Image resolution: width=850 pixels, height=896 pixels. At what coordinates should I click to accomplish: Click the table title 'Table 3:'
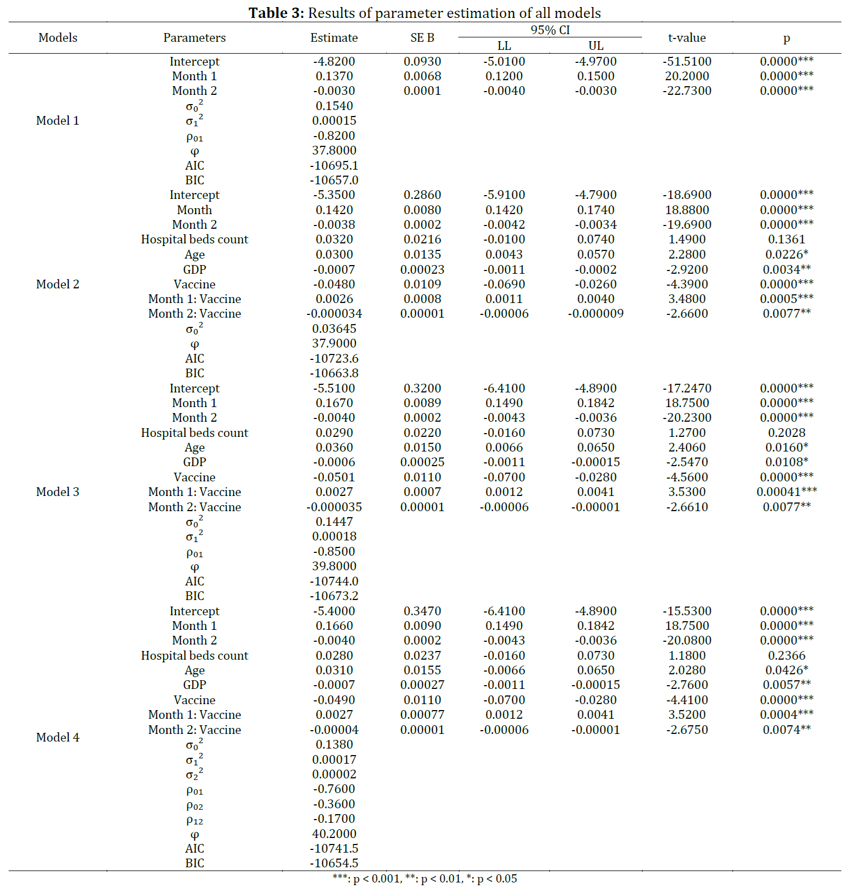click(x=276, y=12)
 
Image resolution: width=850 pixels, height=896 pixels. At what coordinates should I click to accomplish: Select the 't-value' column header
click(x=686, y=37)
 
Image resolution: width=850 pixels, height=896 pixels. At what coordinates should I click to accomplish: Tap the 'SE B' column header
click(x=422, y=37)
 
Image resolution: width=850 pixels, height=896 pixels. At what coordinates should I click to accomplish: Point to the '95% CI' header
click(x=550, y=30)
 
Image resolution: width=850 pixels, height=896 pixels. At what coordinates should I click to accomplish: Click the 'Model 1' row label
click(x=57, y=120)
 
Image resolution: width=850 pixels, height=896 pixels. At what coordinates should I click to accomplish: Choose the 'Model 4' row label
click(x=57, y=737)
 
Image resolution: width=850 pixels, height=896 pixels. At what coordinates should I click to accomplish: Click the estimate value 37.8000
click(x=334, y=150)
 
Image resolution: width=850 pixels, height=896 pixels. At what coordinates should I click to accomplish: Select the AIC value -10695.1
click(x=334, y=165)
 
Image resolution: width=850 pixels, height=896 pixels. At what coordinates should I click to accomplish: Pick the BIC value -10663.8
click(x=334, y=373)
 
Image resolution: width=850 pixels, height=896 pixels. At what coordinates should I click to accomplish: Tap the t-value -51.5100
click(x=686, y=61)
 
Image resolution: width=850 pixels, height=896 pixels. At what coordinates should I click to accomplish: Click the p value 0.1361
click(x=786, y=239)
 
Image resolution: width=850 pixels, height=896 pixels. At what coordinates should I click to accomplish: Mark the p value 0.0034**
click(x=786, y=269)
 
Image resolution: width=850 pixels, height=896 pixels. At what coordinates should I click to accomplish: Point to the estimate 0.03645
click(x=334, y=328)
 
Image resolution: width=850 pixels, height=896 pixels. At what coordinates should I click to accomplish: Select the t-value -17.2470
click(x=686, y=388)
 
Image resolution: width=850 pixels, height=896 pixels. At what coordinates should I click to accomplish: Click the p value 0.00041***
click(x=786, y=492)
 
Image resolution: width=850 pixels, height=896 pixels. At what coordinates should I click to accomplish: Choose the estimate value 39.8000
click(x=334, y=566)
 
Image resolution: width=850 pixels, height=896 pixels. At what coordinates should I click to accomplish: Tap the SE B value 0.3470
click(x=422, y=611)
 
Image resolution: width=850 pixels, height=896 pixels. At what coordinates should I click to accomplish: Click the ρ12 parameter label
click(x=194, y=819)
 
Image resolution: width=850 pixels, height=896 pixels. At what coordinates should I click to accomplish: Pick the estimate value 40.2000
click(x=334, y=834)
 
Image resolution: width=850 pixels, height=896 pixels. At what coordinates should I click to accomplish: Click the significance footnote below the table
click(x=425, y=879)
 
